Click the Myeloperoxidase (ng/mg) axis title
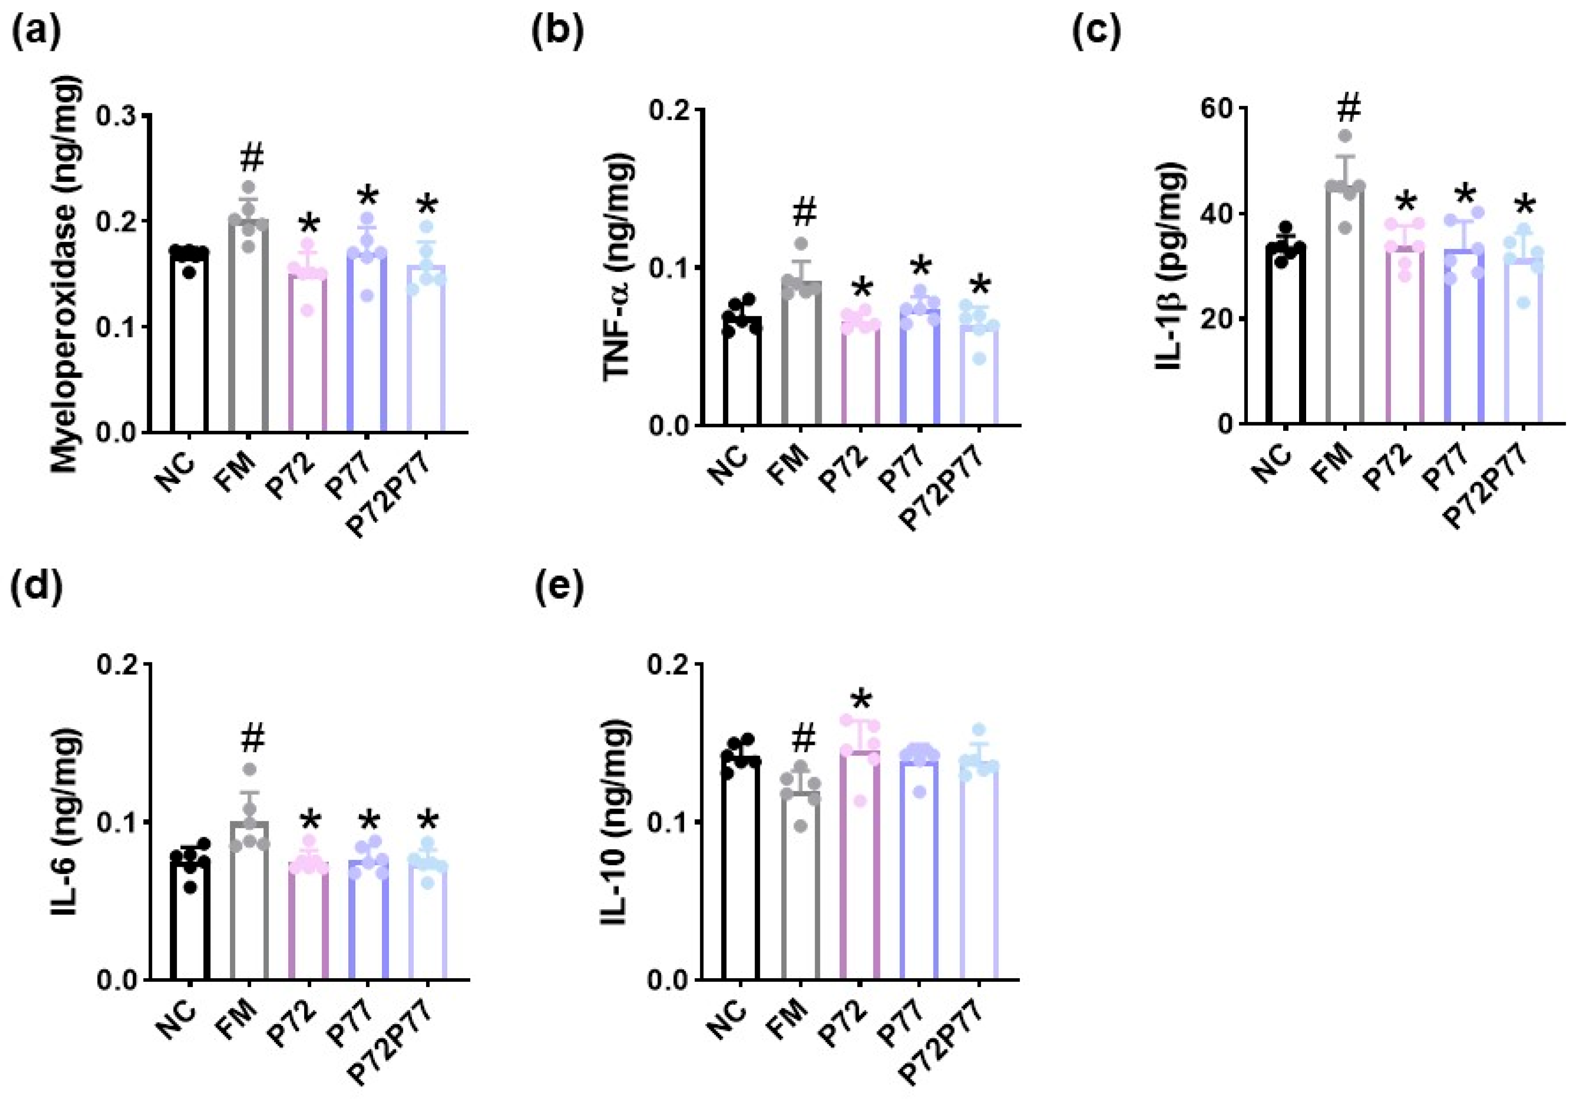point(66,274)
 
